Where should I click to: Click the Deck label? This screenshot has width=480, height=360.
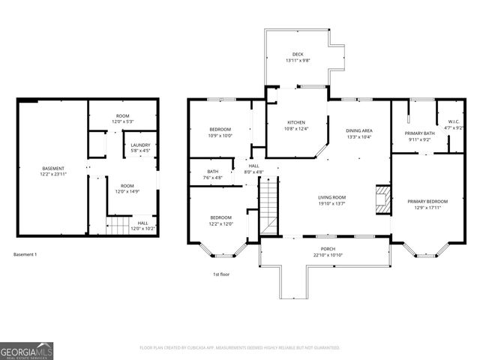298,57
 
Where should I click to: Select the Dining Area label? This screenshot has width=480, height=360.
359,133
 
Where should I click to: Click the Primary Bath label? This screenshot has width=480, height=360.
421,136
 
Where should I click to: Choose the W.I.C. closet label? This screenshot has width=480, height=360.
454,125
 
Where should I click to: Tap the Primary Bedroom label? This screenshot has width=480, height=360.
427,205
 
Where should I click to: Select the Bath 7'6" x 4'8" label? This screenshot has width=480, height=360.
213,175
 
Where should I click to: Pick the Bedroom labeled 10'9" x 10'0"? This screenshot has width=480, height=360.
220,132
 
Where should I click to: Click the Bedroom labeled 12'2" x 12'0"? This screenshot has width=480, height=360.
220,220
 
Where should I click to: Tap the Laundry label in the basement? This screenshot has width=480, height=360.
140,148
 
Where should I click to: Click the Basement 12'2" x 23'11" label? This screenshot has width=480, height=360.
52,171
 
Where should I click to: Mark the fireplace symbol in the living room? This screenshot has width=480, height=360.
382,199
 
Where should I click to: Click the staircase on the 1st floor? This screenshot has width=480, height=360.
269,210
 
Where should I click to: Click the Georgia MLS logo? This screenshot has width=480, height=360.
25,349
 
